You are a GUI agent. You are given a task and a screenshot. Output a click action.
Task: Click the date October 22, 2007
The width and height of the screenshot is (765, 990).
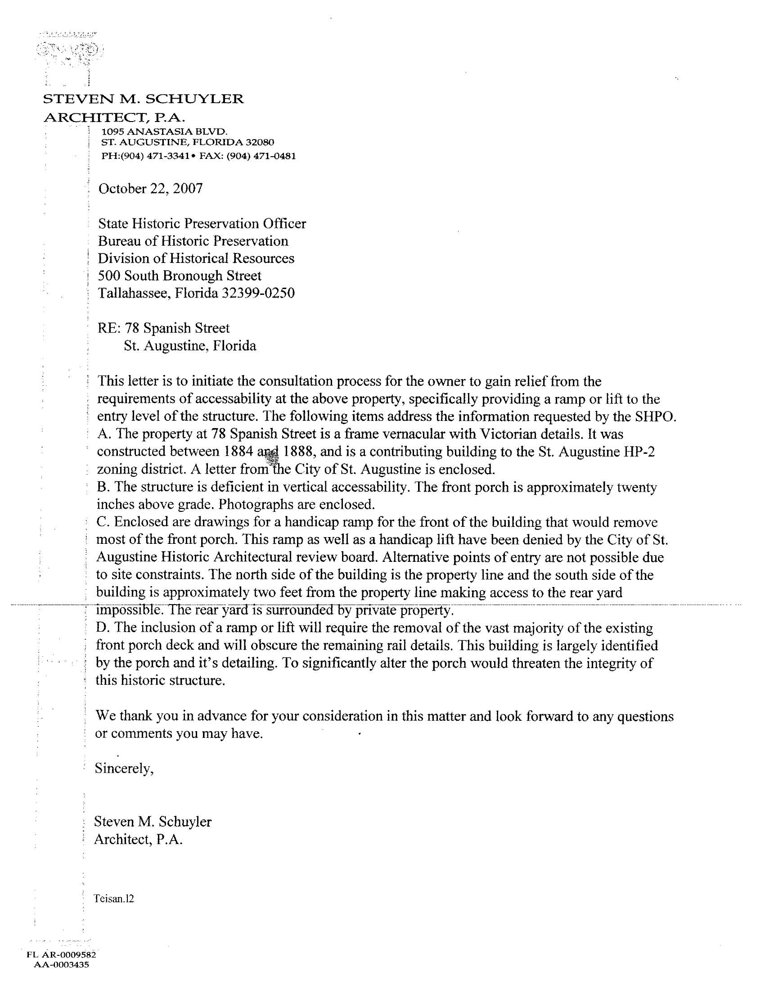[150, 189]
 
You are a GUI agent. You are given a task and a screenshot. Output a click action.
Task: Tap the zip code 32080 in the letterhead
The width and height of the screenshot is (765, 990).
[259, 142]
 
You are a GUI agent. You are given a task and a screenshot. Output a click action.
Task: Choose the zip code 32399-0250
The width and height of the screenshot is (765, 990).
[258, 293]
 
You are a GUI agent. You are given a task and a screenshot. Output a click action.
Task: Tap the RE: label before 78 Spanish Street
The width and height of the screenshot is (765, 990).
[108, 328]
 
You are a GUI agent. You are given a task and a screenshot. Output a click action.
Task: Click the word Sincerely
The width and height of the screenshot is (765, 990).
[124, 768]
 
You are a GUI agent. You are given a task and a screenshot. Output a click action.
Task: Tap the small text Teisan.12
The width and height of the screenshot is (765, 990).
[114, 899]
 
